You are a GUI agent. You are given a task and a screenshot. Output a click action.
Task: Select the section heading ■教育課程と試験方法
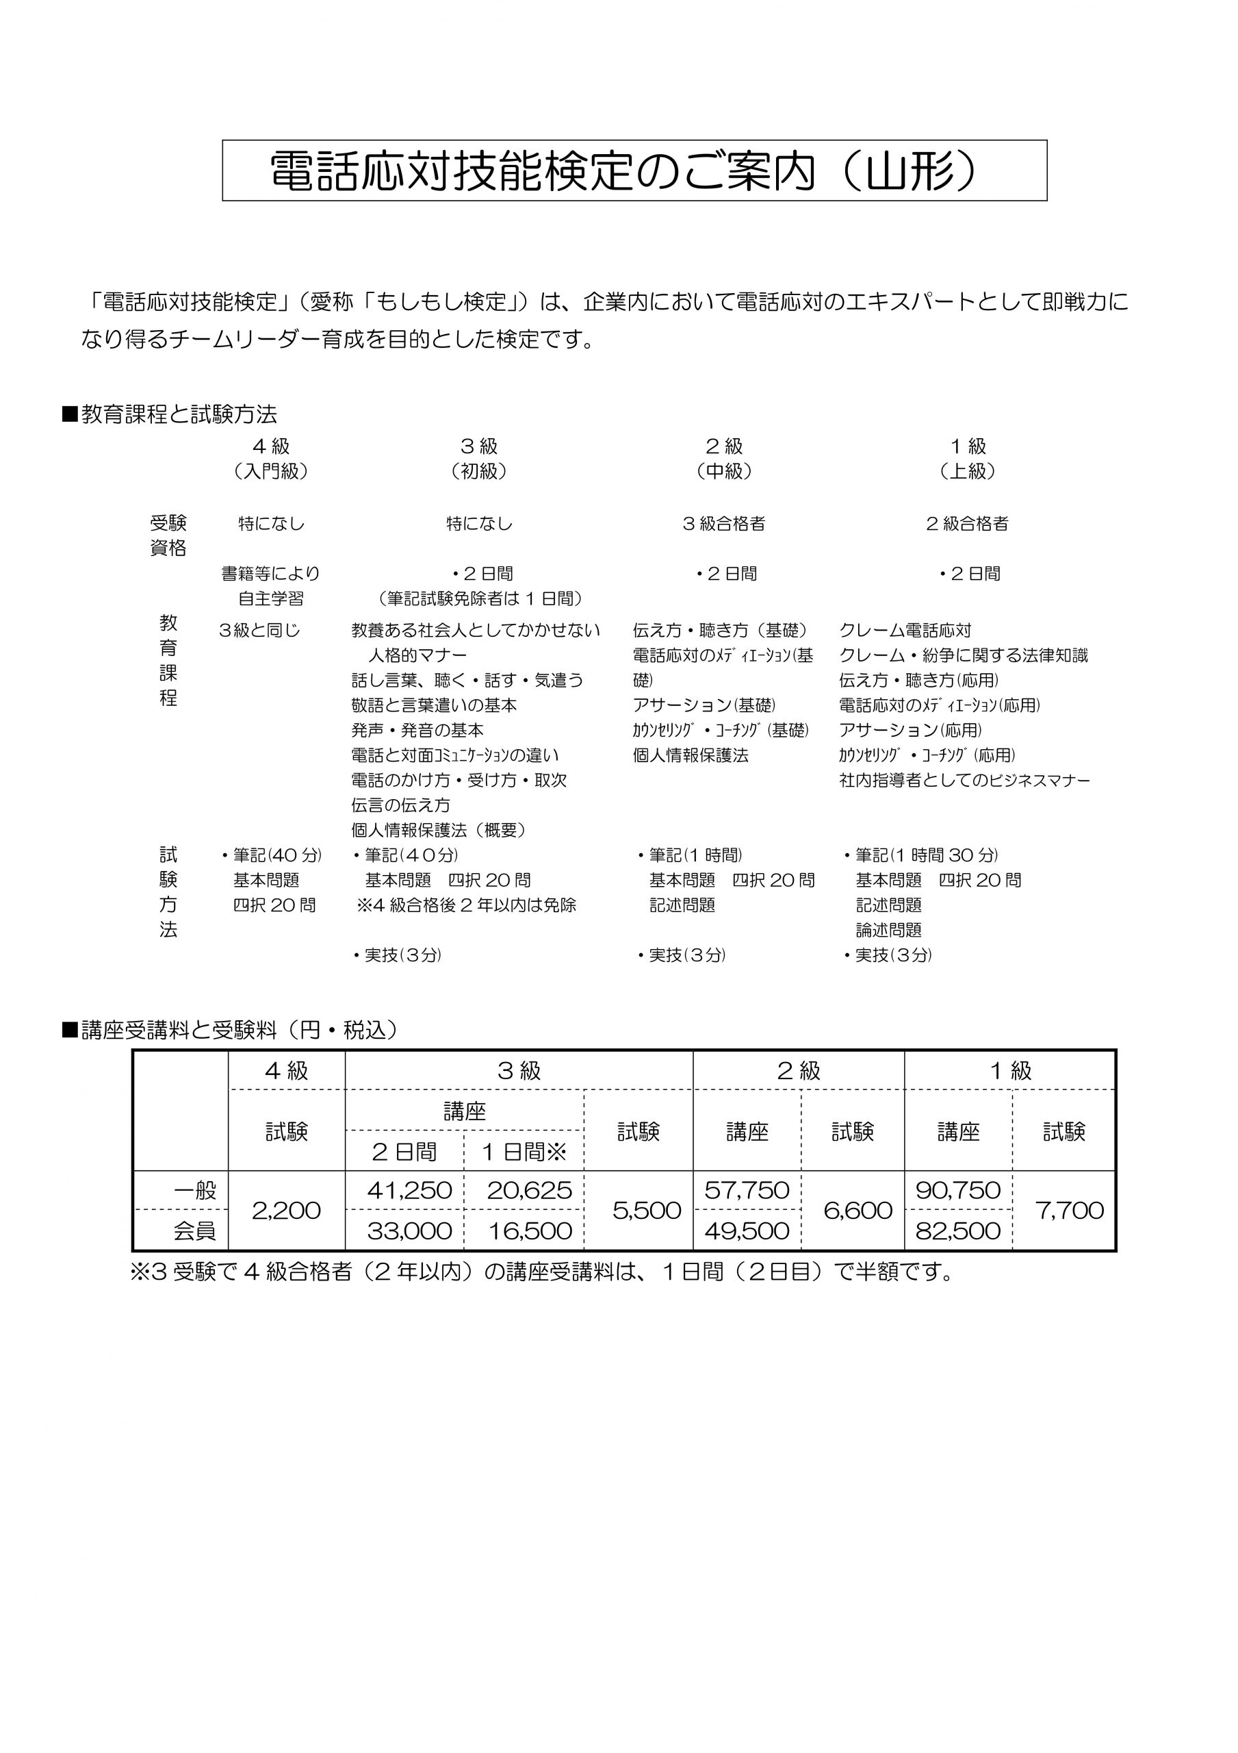(170, 414)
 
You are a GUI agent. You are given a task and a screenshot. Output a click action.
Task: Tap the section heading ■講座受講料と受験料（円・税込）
(230, 1030)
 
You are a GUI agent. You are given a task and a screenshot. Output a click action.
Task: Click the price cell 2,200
(286, 1210)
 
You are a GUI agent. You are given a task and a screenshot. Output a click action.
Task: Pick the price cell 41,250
(409, 1190)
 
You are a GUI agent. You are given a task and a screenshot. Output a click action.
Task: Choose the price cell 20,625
(529, 1190)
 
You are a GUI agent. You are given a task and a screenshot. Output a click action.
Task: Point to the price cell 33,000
(409, 1231)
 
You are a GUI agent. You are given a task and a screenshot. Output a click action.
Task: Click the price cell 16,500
(529, 1231)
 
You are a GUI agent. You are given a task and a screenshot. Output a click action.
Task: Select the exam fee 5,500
(647, 1210)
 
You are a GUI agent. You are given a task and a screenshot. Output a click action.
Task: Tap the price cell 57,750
(747, 1190)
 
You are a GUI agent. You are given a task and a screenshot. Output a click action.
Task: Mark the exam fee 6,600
(858, 1210)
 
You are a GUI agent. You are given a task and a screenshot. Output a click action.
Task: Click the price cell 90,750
(958, 1190)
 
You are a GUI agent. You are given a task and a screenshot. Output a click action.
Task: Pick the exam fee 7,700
(1070, 1210)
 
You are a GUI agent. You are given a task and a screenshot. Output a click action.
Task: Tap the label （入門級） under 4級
(271, 471)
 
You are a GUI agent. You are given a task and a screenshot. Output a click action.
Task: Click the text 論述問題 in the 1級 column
(888, 930)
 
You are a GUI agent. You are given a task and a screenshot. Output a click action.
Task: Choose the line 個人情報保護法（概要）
(439, 830)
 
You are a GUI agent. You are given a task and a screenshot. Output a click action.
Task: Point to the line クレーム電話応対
(905, 631)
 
